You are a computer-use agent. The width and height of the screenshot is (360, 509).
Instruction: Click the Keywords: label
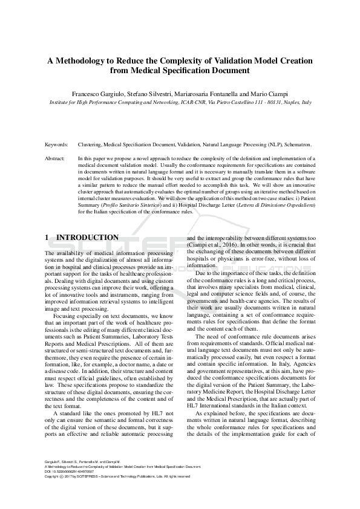point(57,146)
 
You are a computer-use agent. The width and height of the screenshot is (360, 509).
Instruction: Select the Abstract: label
point(56,158)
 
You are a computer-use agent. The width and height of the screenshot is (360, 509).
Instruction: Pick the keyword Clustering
point(90,146)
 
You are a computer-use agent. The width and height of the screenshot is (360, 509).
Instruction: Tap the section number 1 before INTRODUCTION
point(47,238)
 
